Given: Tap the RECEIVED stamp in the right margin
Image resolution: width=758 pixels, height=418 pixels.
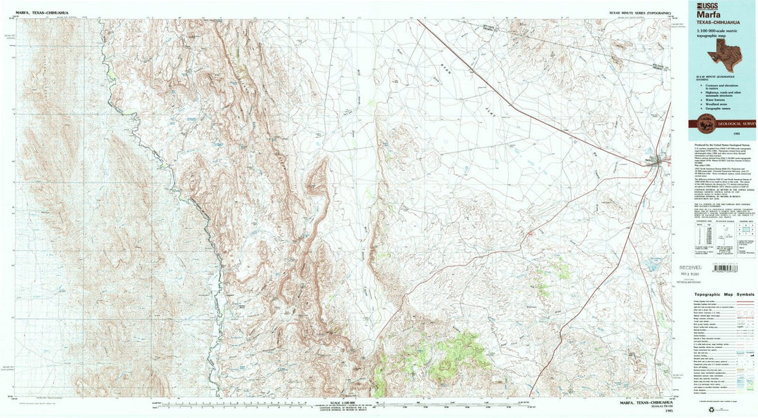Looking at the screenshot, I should pyautogui.click(x=692, y=268).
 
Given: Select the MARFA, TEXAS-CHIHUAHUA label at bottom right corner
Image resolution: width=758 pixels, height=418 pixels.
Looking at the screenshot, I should pyautogui.click(x=639, y=403).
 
